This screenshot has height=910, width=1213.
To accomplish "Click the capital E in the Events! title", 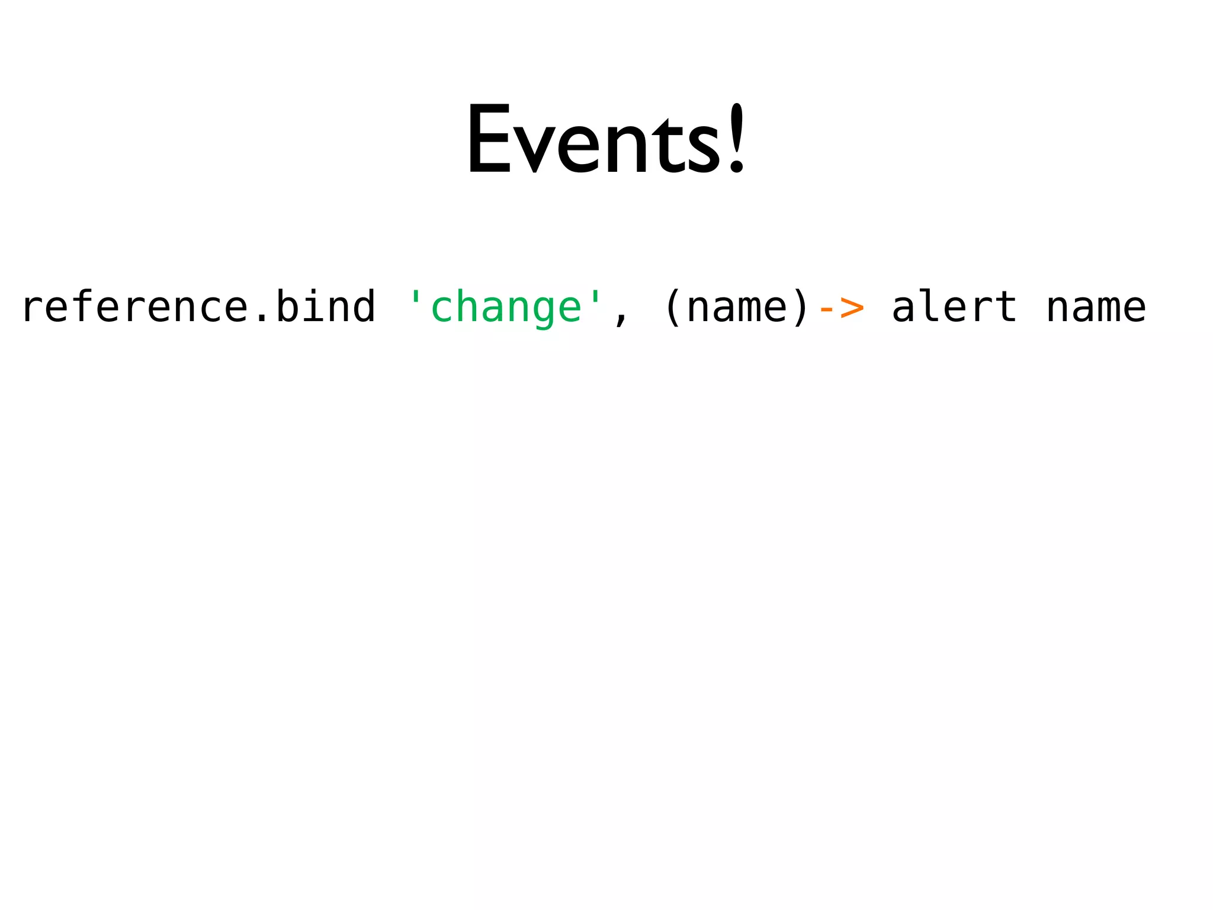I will pos(489,139).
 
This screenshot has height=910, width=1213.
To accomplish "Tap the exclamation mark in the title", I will pos(736,139).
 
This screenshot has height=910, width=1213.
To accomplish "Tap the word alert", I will pos(954,306).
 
